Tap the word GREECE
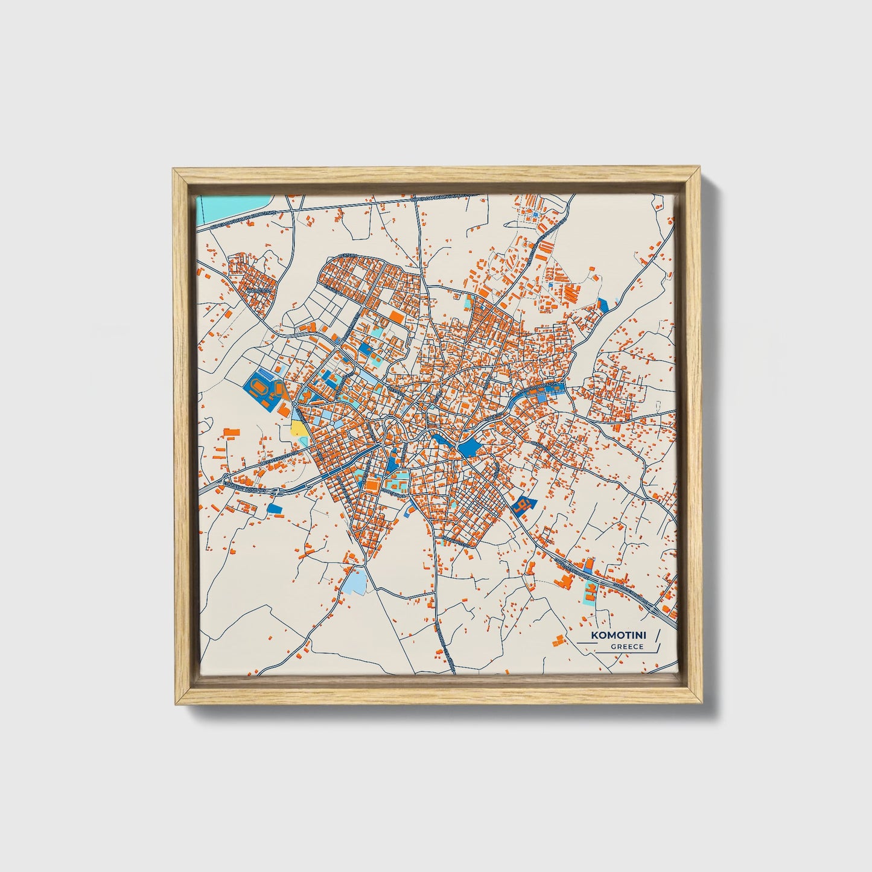pyautogui.click(x=627, y=647)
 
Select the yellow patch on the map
pyautogui.click(x=298, y=428)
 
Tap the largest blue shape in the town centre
pyautogui.click(x=468, y=448)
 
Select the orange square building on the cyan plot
pyautogui.click(x=372, y=484)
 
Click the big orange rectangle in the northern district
pyautogui.click(x=396, y=316)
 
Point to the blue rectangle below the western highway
pyautogui.click(x=275, y=508)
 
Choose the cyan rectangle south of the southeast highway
pyautogui.click(x=588, y=593)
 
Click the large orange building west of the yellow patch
pyautogui.click(x=231, y=432)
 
